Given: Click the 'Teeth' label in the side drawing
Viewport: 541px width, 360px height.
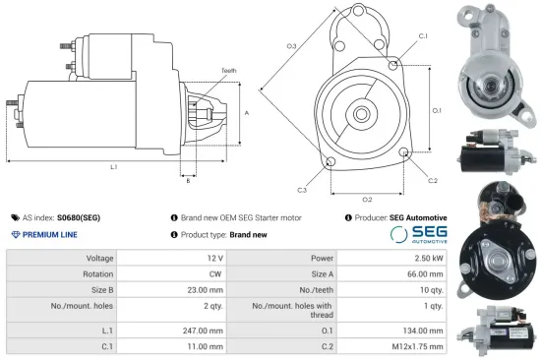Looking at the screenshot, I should tap(228, 71).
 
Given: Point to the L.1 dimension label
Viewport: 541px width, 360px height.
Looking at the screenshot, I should tap(113, 166).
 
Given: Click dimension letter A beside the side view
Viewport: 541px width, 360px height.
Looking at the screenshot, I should tap(247, 113).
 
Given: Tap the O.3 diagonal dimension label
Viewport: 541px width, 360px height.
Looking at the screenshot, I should tap(292, 46).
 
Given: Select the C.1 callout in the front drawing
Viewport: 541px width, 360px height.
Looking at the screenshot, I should tap(423, 35).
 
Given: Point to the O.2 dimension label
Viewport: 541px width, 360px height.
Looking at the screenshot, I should tap(366, 200).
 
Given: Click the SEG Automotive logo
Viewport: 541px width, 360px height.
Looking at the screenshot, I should tap(418, 234).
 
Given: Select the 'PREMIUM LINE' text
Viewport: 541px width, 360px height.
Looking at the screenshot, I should tap(49, 234).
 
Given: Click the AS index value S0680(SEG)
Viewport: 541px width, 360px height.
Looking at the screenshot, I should tap(79, 217).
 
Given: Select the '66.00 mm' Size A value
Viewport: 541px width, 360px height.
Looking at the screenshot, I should tap(421, 274).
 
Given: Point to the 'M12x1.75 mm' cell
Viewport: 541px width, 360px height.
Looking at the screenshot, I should tap(418, 346).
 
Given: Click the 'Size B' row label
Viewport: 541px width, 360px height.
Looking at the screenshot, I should tap(101, 292).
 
